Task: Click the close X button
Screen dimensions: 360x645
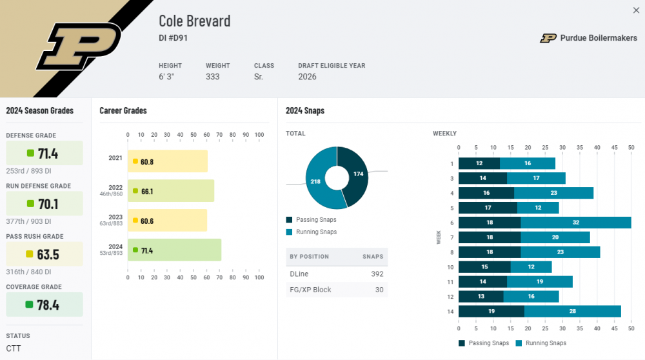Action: [636, 10]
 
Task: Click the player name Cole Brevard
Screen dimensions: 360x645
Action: [194, 21]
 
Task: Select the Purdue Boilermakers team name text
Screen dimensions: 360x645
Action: [598, 38]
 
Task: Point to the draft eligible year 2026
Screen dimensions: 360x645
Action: [308, 77]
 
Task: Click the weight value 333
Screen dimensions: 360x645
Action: [212, 77]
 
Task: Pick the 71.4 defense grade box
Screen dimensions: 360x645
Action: [44, 154]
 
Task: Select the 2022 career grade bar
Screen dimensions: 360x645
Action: [171, 191]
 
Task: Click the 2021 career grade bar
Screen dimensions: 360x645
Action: [168, 161]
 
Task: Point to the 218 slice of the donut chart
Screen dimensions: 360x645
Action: [316, 182]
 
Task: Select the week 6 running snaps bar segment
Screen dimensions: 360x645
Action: [576, 223]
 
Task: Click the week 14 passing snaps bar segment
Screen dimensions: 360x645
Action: [491, 312]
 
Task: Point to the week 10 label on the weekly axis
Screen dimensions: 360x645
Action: [450, 267]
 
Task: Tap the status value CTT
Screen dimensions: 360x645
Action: [14, 349]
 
